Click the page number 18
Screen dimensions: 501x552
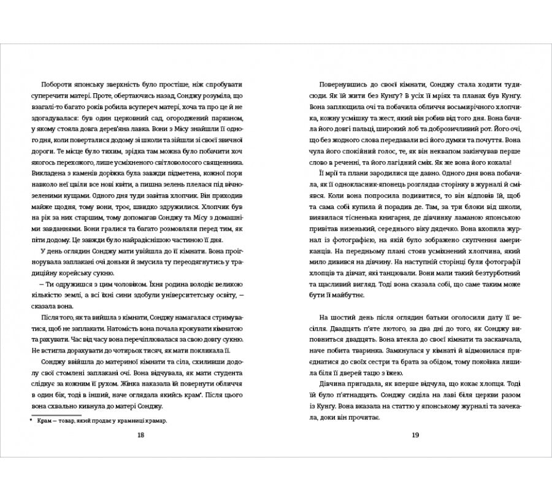pos(140,435)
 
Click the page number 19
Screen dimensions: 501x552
pos(415,435)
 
